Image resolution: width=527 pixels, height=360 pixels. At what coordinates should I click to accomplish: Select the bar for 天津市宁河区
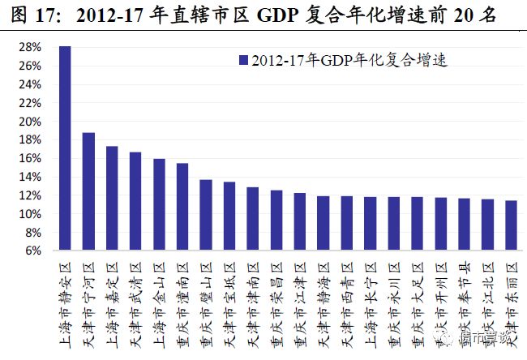(x=88, y=191)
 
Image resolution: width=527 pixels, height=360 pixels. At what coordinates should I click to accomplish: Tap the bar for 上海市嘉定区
(x=112, y=199)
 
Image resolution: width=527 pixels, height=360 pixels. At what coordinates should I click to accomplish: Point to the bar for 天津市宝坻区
(x=229, y=216)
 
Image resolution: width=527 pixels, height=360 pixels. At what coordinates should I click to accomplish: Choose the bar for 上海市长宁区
(x=371, y=224)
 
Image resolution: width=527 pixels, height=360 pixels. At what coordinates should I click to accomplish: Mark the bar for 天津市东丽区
(x=511, y=225)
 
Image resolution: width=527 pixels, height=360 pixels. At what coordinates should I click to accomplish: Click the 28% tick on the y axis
(x=30, y=48)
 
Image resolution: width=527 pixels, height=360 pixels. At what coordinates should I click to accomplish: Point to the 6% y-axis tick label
(x=33, y=251)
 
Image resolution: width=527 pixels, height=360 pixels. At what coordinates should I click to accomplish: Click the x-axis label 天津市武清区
(x=135, y=305)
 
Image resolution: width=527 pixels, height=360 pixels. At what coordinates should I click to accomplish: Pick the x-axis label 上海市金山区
(x=159, y=305)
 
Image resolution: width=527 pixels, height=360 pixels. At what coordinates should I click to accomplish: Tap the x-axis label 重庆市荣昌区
(x=276, y=305)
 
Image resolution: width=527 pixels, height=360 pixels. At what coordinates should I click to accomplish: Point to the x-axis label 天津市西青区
(x=347, y=305)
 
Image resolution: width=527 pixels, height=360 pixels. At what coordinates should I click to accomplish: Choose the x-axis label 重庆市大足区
(x=418, y=305)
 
